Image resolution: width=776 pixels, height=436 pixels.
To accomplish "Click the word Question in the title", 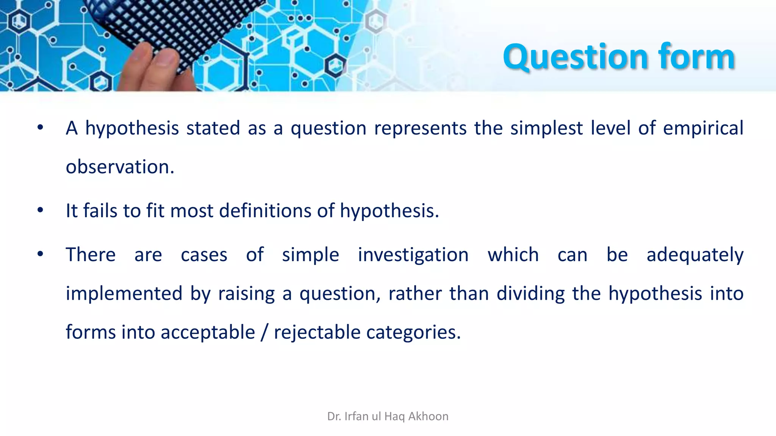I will [x=576, y=58].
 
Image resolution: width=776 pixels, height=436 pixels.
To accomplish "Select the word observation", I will [x=120, y=167].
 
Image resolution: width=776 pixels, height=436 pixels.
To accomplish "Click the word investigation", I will [x=413, y=255].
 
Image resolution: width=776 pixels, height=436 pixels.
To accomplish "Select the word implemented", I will [x=124, y=294].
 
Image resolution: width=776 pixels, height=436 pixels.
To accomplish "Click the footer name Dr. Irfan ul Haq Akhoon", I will [x=388, y=416].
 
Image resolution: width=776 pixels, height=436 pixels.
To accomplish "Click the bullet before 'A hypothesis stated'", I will [x=41, y=128].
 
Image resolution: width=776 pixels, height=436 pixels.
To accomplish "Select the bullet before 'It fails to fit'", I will [x=41, y=210].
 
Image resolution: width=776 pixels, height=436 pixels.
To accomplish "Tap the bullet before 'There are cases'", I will [x=41, y=254].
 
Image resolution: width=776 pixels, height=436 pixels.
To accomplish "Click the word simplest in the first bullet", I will [x=546, y=129].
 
